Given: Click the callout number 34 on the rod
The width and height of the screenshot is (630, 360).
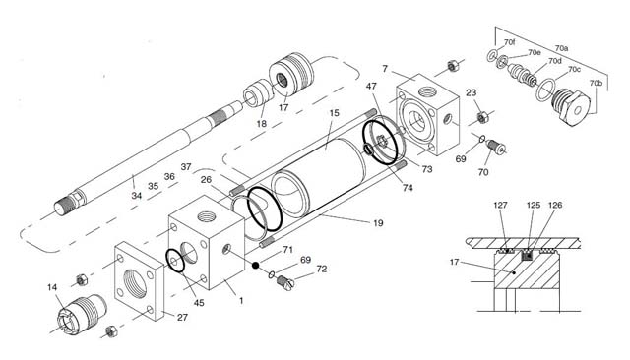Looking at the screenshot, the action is coord(137,196).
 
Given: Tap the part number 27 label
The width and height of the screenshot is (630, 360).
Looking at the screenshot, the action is coord(182,317).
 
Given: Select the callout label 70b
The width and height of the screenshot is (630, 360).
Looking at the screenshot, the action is coord(596,83).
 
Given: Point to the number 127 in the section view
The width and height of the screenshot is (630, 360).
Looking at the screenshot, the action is coord(500,205).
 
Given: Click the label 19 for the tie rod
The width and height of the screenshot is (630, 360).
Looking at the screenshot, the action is coord(378,223).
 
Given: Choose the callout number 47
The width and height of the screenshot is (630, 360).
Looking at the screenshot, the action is coord(371,86).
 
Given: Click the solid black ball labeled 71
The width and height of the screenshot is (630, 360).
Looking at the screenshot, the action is coord(255,265).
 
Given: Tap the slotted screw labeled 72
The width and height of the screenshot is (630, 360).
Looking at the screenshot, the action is coord(285,283).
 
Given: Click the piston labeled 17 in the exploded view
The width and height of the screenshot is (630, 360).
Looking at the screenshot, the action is coord(291,74).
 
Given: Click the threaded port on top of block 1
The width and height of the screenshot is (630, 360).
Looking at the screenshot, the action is coord(208,217).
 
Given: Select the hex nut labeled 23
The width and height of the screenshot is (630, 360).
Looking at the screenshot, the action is coord(482,117).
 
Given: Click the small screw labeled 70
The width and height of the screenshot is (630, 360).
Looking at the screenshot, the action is coord(495,147).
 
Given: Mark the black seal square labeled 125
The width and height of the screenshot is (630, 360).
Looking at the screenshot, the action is coord(528,255).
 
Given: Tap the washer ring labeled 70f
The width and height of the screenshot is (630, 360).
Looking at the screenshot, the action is coord(492,57).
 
